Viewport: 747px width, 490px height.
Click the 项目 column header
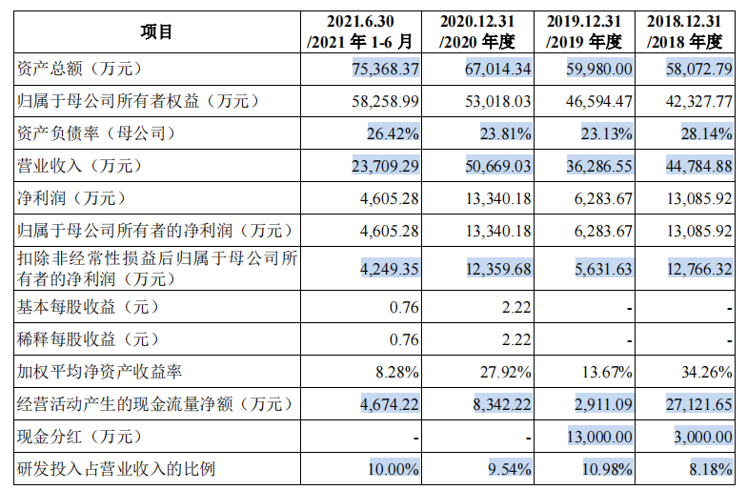pyautogui.click(x=156, y=31)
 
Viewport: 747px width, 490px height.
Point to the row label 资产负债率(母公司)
pyautogui.click(x=96, y=133)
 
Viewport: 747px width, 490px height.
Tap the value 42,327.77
pyautogui.click(x=695, y=101)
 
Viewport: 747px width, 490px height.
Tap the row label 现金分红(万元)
pyautogui.click(x=79, y=437)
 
